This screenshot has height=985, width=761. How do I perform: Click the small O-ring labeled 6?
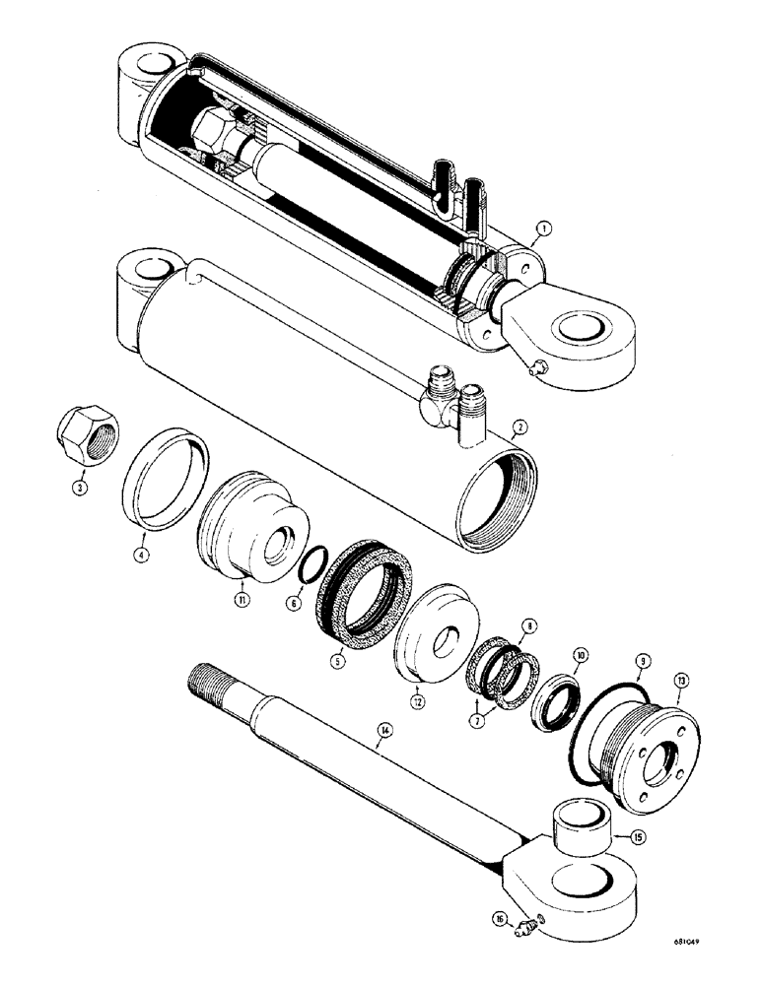[x=308, y=568]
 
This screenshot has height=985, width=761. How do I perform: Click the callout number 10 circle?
[x=580, y=654]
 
